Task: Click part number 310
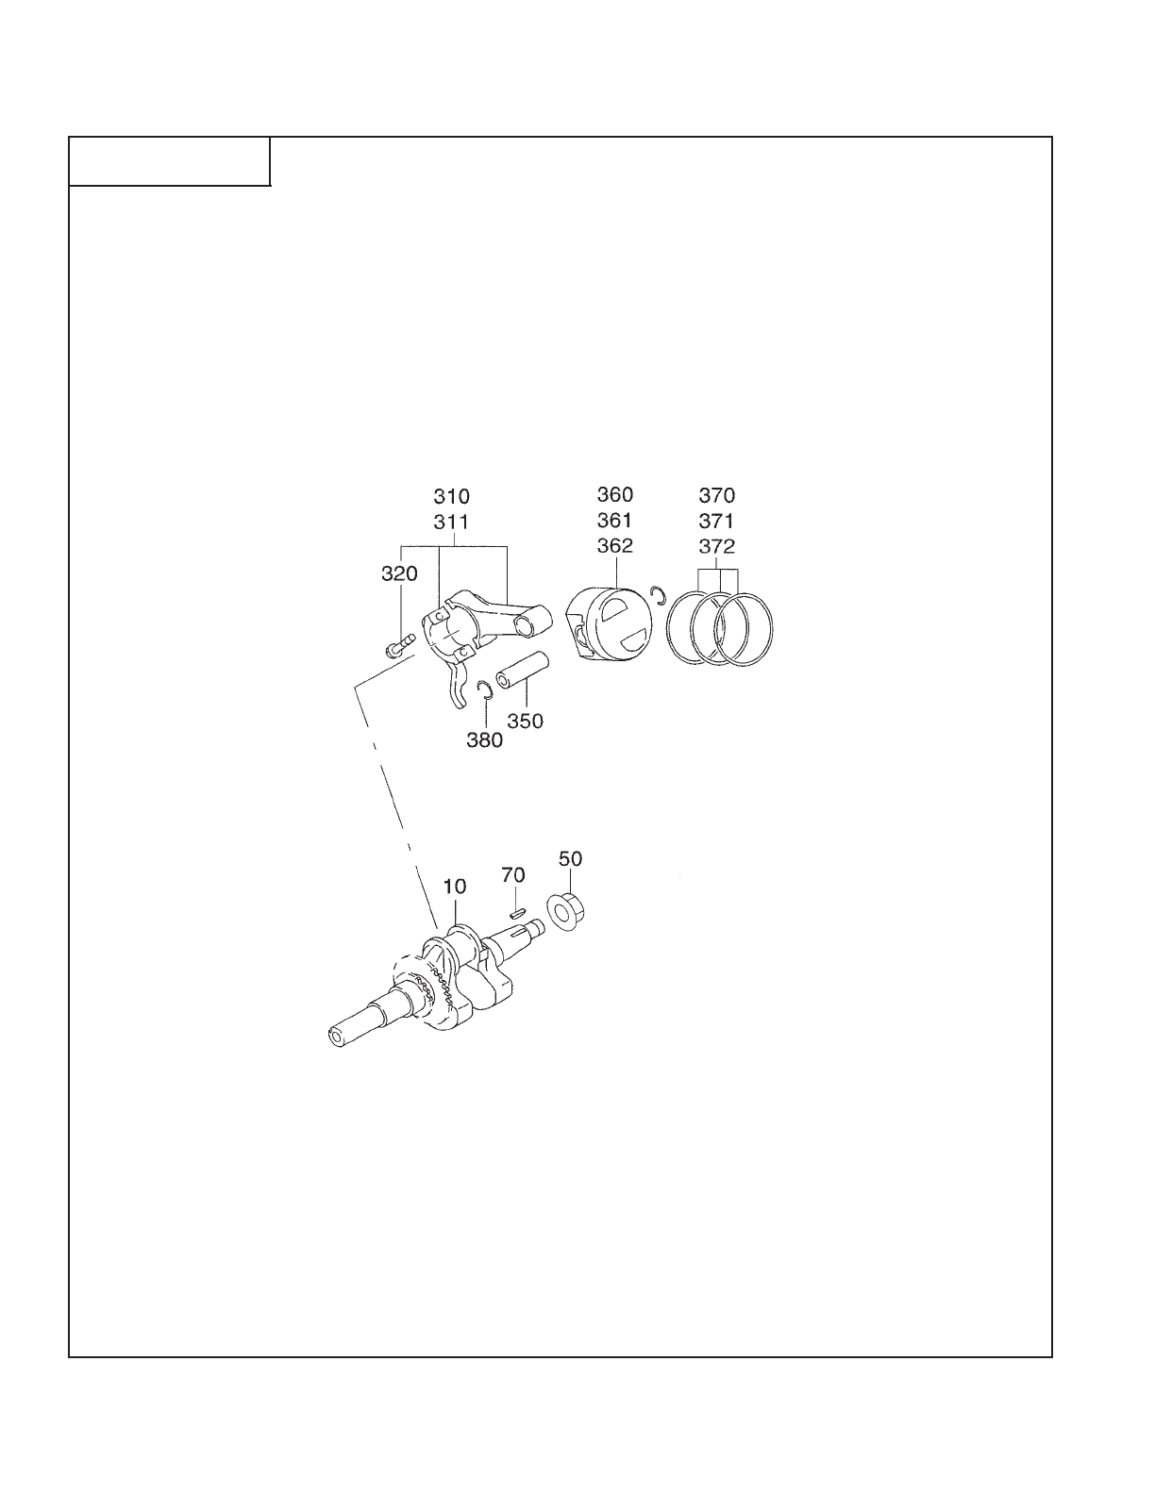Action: click(x=451, y=496)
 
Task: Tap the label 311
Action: click(x=451, y=522)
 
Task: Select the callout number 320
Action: click(x=399, y=574)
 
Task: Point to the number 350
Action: click(x=525, y=722)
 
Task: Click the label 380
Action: click(x=484, y=740)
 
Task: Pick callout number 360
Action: click(x=615, y=494)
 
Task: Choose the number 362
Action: click(x=615, y=545)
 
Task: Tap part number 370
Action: click(x=716, y=495)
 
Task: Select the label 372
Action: click(x=716, y=546)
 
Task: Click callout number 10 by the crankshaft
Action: click(x=455, y=887)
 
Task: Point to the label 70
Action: click(x=513, y=875)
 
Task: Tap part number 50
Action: click(x=570, y=859)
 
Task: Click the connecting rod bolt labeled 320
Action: click(x=399, y=647)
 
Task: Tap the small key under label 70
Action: click(x=515, y=911)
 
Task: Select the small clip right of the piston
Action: click(x=659, y=595)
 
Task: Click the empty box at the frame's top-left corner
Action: click(x=170, y=161)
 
